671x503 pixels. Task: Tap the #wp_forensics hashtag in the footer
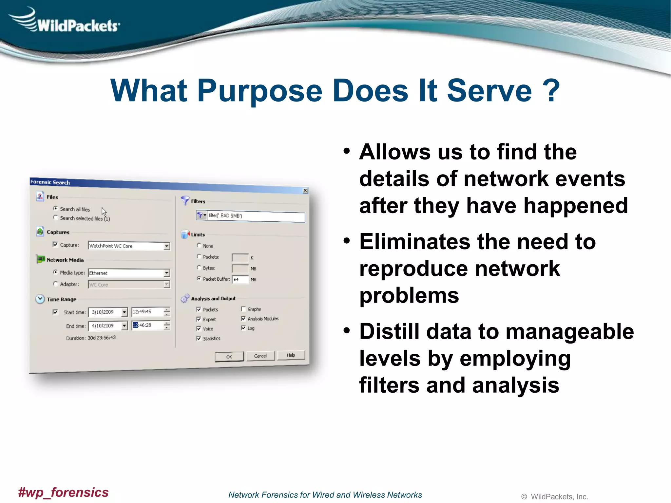[x=63, y=492]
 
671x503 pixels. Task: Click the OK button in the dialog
[x=229, y=357]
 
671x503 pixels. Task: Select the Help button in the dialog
[x=291, y=355]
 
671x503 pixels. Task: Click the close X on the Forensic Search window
[x=305, y=190]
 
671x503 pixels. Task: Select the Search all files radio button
[x=56, y=208]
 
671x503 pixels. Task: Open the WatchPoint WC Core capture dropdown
[x=167, y=246]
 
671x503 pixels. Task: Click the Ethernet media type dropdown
[x=167, y=273]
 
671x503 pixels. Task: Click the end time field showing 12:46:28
[x=147, y=325]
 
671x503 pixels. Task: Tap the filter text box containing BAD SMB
[x=256, y=216]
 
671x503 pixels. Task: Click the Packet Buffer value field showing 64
[x=240, y=279]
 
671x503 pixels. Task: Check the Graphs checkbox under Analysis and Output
[x=243, y=309]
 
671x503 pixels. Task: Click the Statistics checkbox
[x=199, y=338]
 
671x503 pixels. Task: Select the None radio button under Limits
[x=199, y=245]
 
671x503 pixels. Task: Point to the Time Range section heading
[x=61, y=299]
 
